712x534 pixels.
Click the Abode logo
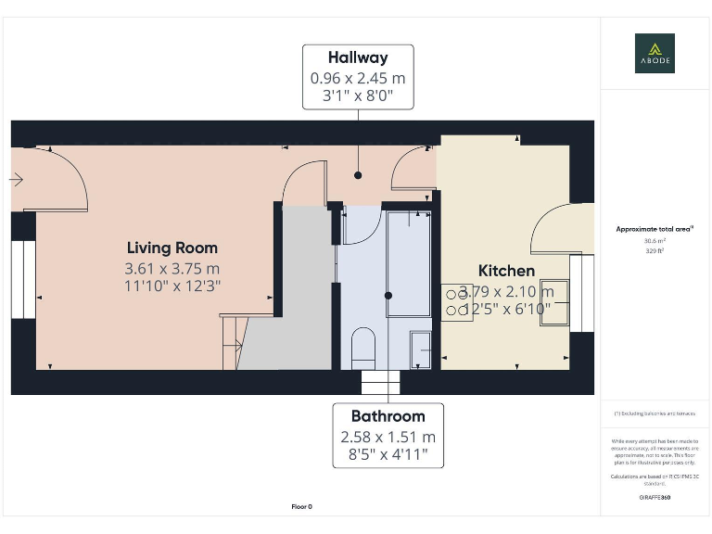tap(655, 53)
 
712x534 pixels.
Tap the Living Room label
tap(172, 248)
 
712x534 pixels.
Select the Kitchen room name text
tap(506, 271)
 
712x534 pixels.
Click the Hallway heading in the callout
tap(358, 58)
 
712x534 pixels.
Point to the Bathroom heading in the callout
tap(388, 416)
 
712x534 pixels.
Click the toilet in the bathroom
tap(362, 345)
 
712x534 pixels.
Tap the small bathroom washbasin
tap(420, 346)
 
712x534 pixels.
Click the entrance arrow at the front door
tap(17, 180)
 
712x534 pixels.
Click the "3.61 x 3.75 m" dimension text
tap(172, 269)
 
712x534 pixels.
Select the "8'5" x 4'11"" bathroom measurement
tap(388, 455)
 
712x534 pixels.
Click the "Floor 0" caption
tap(301, 507)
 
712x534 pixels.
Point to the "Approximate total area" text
tap(655, 229)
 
